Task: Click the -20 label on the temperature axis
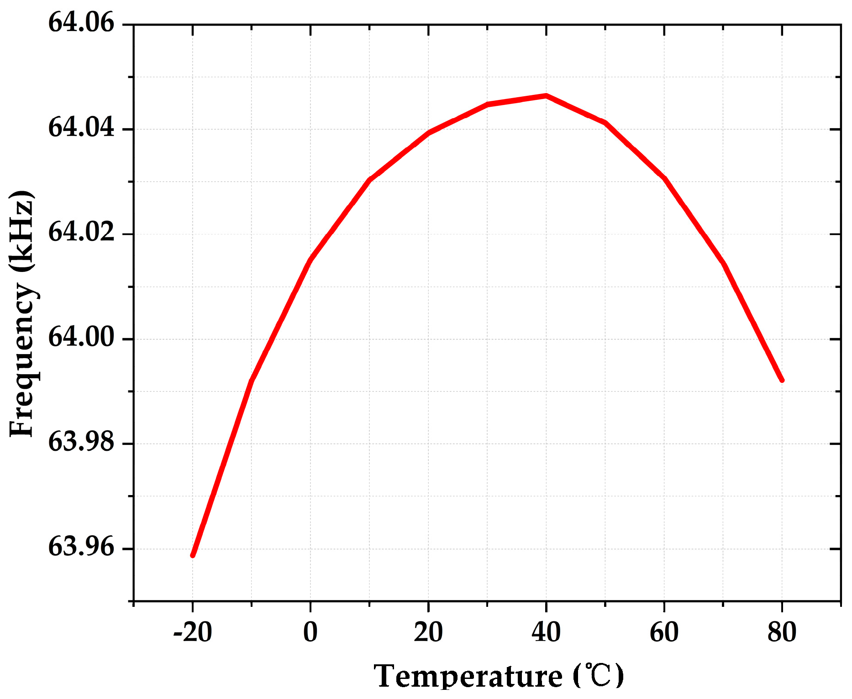click(x=192, y=632)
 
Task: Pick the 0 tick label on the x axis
click(x=310, y=632)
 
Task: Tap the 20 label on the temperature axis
click(x=428, y=632)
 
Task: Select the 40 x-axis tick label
click(x=546, y=632)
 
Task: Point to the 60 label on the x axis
click(x=664, y=632)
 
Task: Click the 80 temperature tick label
click(x=782, y=632)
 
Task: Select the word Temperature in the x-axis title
click(x=468, y=676)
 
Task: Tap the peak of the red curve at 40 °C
click(x=546, y=96)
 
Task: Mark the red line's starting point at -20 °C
click(x=193, y=555)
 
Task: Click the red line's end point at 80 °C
click(x=782, y=380)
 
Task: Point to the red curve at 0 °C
click(x=310, y=261)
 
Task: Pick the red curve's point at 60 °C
click(x=664, y=178)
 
